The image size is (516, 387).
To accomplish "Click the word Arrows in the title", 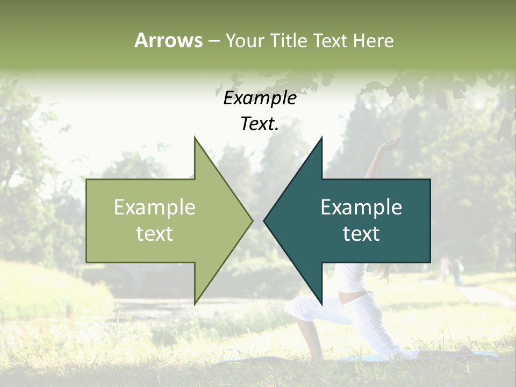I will pos(168,40).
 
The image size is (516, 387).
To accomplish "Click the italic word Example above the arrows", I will pos(260,98).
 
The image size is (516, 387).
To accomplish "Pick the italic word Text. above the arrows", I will pos(260,124).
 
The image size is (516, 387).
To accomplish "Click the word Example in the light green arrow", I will pos(154,207).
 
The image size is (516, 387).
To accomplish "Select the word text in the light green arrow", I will pos(154,234).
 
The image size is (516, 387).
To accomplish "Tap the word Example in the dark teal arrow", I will pos(361,207).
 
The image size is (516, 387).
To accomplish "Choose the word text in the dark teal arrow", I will pos(361,234).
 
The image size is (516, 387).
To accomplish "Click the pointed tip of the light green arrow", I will pos(252,220).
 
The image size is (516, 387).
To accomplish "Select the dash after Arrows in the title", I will pos(213,41).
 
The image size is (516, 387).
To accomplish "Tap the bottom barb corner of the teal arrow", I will pos(321,303).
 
